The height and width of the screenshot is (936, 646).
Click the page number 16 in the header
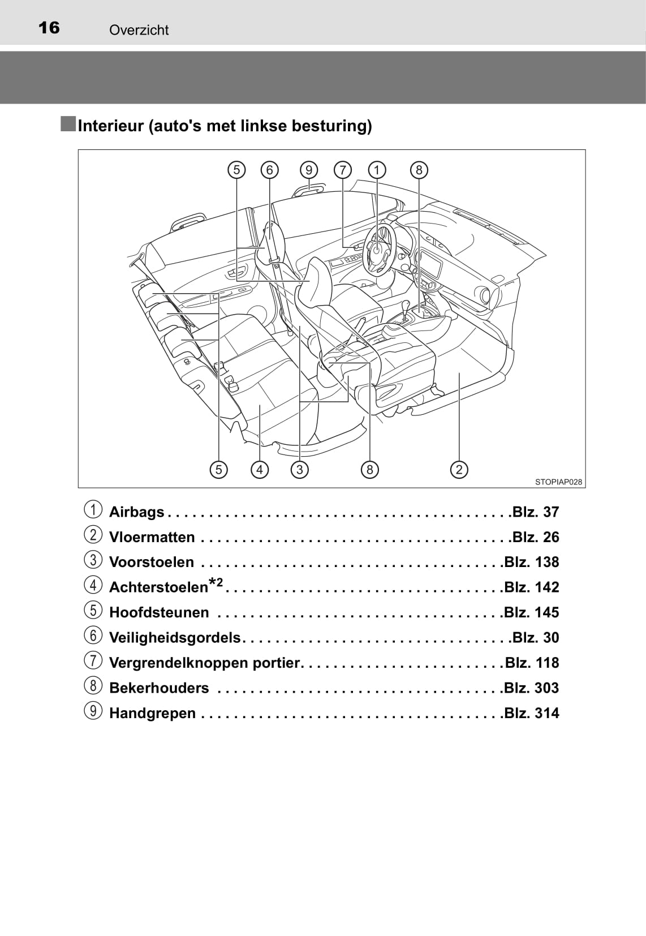[x=49, y=28]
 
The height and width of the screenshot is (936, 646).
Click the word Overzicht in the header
[x=139, y=30]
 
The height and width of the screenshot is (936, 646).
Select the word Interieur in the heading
[x=111, y=126]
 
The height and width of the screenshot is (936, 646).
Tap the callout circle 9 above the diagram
[x=309, y=170]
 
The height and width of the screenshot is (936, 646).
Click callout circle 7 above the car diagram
[x=343, y=170]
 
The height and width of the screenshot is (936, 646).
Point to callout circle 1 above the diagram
[x=377, y=170]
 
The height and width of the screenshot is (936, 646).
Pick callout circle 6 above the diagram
[x=270, y=170]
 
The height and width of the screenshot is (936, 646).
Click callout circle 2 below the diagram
[x=459, y=469]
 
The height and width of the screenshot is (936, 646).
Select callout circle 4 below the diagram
[x=259, y=469]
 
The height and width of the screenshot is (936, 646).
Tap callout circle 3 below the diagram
[x=299, y=469]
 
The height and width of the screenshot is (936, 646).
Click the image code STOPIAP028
[x=558, y=482]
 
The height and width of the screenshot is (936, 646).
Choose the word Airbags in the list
[x=136, y=512]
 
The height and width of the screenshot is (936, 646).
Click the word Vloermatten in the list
[x=152, y=537]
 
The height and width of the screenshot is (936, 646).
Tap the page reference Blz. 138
[x=531, y=562]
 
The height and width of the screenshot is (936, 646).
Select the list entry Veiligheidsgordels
[x=175, y=638]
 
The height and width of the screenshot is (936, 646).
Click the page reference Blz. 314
[x=531, y=713]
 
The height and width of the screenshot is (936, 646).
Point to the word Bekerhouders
[x=159, y=688]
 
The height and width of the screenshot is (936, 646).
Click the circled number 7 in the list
[x=93, y=661]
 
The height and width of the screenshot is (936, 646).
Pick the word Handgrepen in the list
[x=152, y=713]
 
